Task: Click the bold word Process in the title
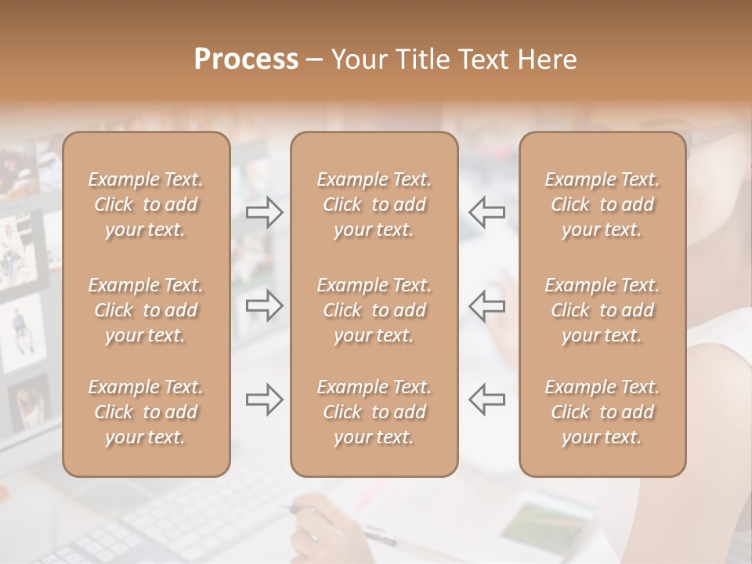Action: [x=246, y=59]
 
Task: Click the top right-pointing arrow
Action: [x=265, y=211]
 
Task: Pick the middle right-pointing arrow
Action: [x=265, y=305]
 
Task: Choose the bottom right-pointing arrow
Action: [x=265, y=399]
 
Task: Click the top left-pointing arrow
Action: [x=486, y=211]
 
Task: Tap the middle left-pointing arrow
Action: [x=486, y=305]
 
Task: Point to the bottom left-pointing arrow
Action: [x=486, y=399]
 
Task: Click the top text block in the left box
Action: [x=146, y=204]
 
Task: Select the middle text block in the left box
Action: [x=146, y=310]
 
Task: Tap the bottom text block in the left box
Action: [x=146, y=412]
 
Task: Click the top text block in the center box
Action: [x=374, y=204]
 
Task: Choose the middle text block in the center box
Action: [x=374, y=310]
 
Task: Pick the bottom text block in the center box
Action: [x=374, y=412]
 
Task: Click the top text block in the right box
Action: [x=602, y=204]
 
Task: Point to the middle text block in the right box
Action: [x=602, y=310]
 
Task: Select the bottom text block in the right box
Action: [x=602, y=412]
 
